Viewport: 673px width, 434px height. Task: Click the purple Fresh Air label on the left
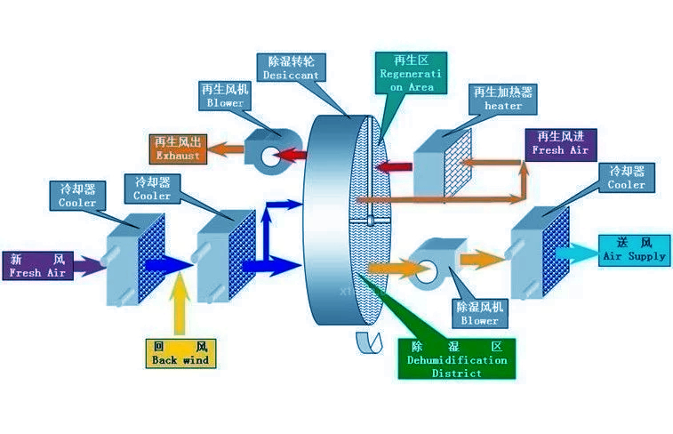[x=37, y=266]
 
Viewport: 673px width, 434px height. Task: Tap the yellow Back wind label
[x=180, y=353]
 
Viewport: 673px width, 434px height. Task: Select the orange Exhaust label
[x=179, y=149]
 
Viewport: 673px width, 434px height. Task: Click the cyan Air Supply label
[x=633, y=249]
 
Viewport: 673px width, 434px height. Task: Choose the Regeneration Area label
[x=408, y=74]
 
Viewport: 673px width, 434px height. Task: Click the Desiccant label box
[x=290, y=68]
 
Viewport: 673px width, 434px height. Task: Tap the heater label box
[x=503, y=99]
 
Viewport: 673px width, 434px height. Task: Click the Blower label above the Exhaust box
[x=225, y=96]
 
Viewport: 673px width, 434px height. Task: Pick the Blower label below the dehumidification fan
[x=479, y=313]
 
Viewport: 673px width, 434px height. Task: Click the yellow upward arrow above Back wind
[x=181, y=304]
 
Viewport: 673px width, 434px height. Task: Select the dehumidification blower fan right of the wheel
[x=433, y=262]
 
